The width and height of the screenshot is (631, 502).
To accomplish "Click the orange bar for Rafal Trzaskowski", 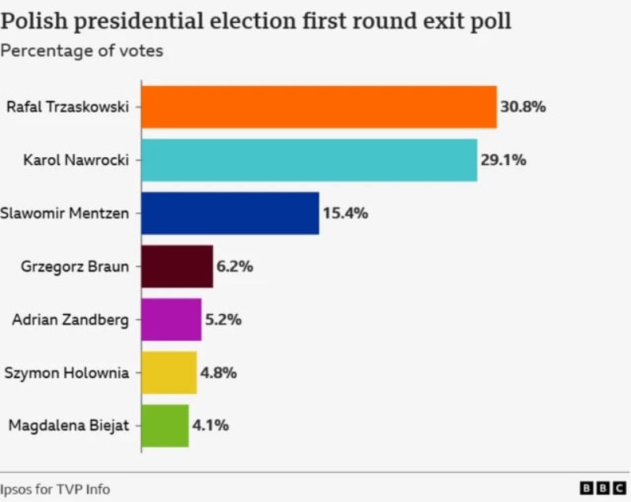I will point(319,107).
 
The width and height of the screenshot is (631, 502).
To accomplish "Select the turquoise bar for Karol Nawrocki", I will point(309,160).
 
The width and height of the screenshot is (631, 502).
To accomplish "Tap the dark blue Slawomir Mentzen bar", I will point(230,213).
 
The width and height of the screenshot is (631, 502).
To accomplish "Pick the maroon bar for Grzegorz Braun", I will point(177,267).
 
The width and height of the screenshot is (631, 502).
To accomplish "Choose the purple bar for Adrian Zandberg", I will point(171,320).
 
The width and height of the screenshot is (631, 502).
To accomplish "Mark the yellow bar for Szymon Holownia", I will point(169,373).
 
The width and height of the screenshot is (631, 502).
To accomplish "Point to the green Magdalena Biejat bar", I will point(165,426).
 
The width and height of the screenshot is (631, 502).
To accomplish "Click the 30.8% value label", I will point(523,107).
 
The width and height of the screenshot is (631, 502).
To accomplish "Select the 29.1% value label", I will point(503,160).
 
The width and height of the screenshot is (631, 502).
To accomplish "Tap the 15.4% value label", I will point(345,213).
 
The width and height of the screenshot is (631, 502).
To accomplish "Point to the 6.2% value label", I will point(235,267).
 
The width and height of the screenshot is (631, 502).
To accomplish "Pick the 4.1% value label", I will point(210,426).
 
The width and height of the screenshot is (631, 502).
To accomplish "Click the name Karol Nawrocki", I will point(76,160).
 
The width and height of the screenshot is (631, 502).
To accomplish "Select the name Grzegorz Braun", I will point(74,267).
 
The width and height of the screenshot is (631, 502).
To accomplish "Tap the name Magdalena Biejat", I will point(69,426).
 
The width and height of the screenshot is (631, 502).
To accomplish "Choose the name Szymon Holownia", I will point(66,373).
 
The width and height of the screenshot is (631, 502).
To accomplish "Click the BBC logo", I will point(603,489).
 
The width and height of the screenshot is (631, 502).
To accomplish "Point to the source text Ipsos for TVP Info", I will point(55,489).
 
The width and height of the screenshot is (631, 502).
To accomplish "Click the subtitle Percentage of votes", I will point(82,51).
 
